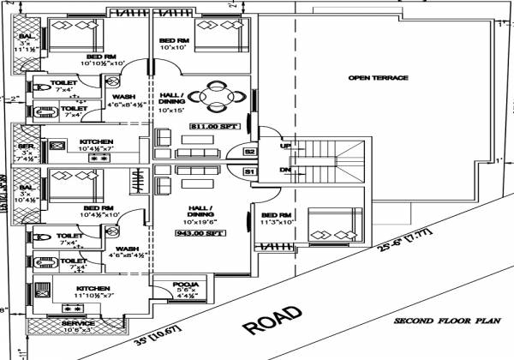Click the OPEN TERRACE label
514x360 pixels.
[x=378, y=78]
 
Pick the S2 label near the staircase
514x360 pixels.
[x=250, y=152]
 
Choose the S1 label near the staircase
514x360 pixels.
[x=250, y=172]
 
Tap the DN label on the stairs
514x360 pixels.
[x=285, y=170]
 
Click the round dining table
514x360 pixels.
[x=208, y=96]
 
